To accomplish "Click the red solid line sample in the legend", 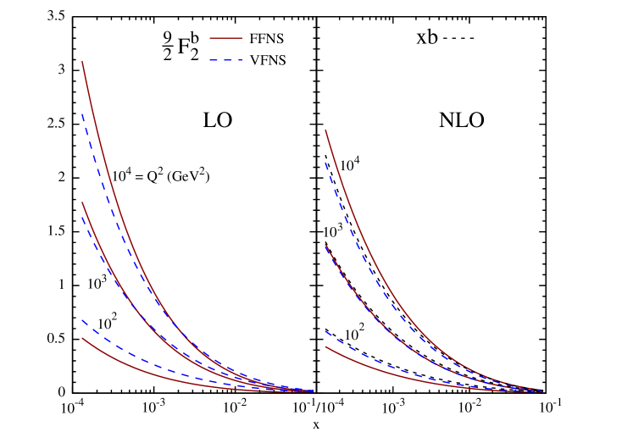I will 225,38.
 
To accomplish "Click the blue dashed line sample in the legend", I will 225,60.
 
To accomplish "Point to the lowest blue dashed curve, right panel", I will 356,351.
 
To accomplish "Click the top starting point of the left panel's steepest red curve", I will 82,62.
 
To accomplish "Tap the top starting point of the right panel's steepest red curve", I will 325,130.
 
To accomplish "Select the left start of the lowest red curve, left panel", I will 82,338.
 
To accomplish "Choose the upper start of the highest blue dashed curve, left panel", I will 82,114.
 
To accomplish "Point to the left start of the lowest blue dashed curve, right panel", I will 325,331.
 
